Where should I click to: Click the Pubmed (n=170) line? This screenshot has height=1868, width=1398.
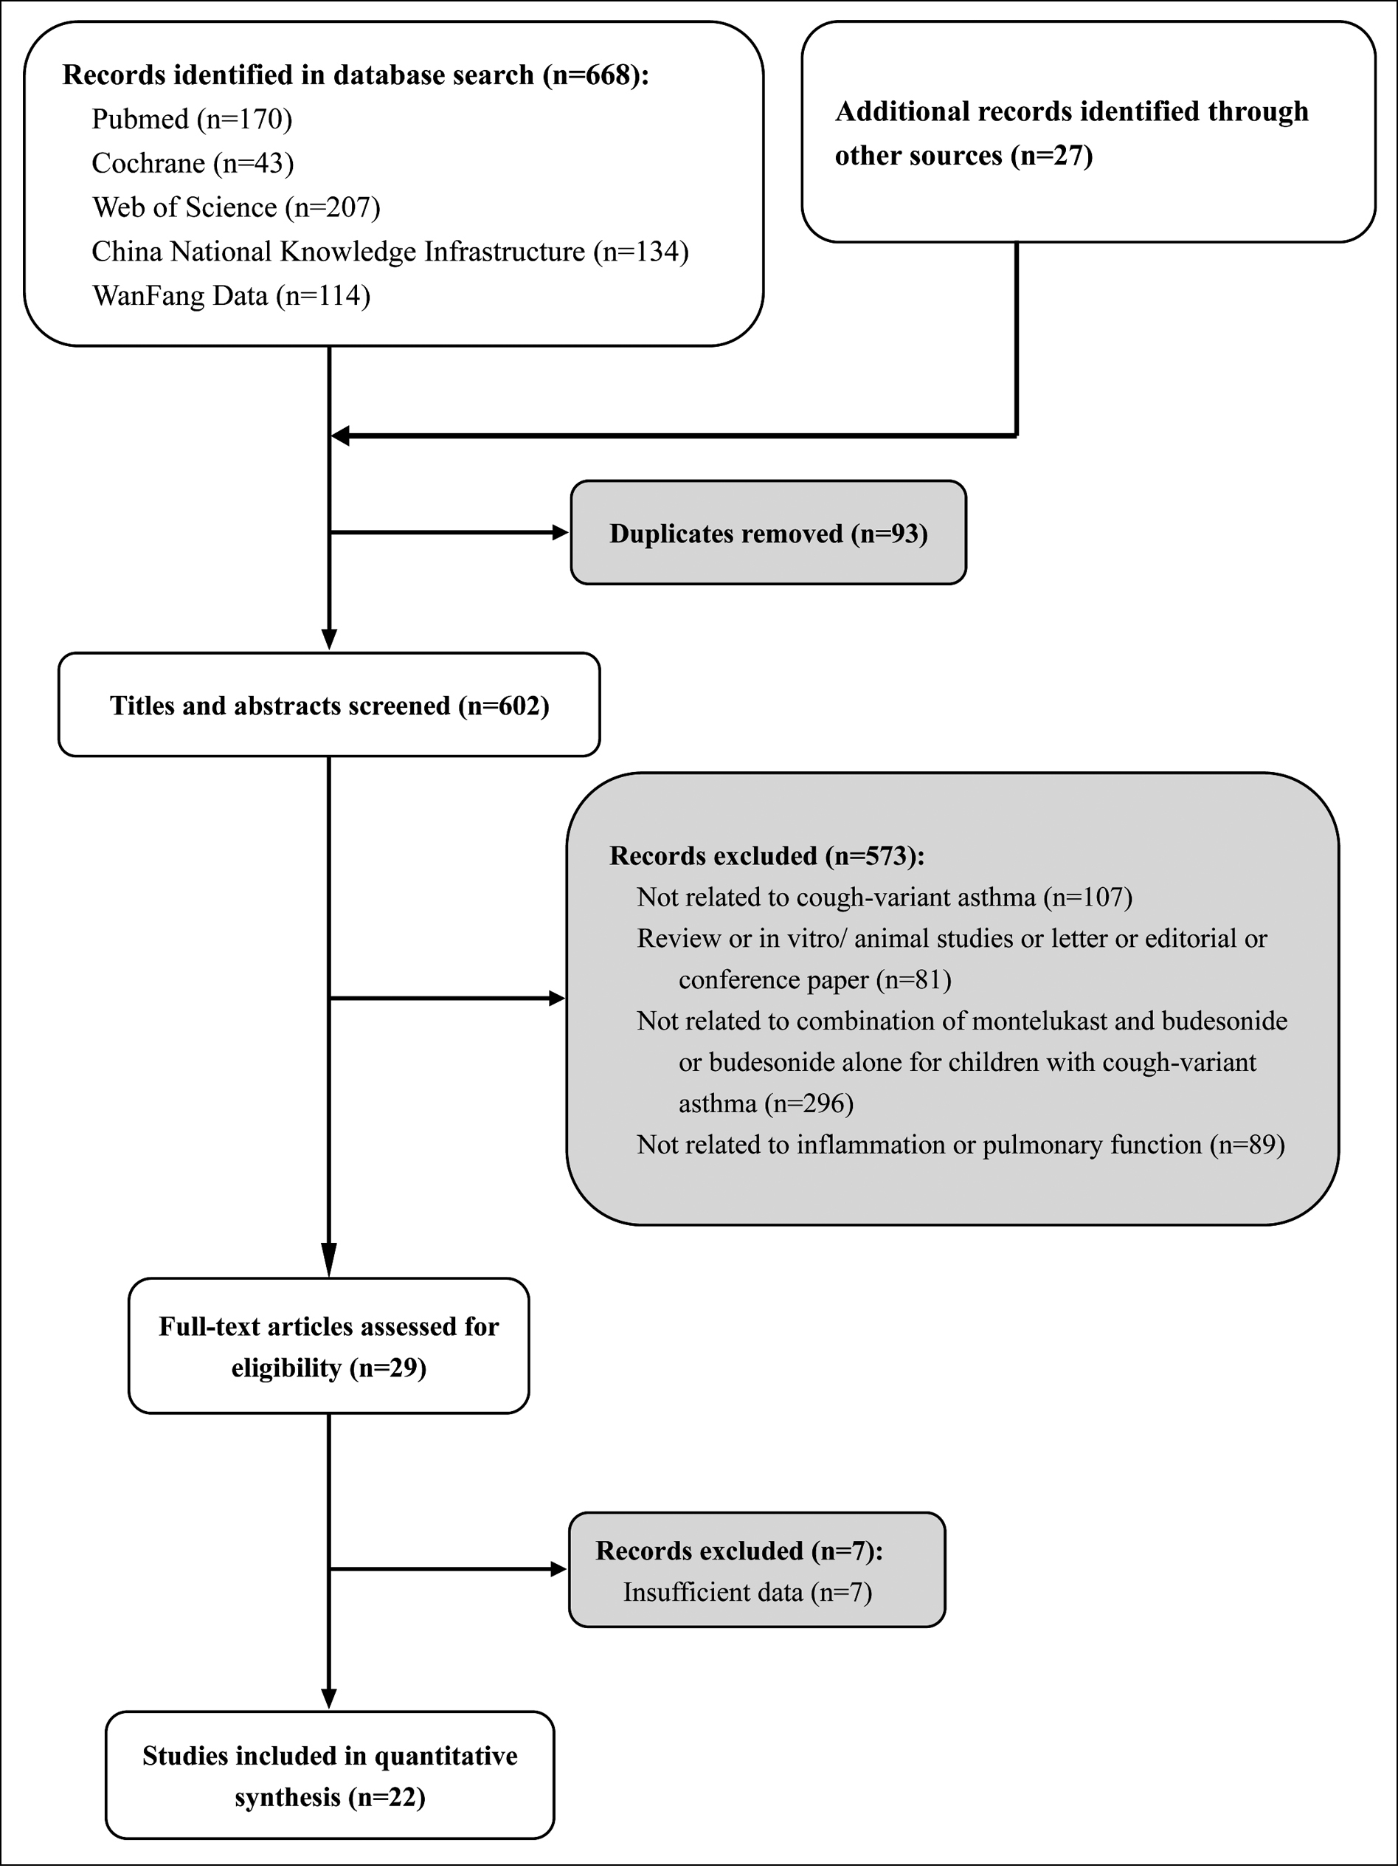click(192, 119)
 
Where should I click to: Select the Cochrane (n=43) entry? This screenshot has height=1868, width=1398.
click(193, 163)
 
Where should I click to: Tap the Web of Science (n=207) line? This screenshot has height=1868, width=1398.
click(236, 207)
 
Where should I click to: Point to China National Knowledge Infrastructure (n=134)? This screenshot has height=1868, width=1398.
click(390, 252)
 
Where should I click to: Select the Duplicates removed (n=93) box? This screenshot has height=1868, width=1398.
click(768, 533)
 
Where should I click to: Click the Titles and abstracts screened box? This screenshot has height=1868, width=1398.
click(329, 704)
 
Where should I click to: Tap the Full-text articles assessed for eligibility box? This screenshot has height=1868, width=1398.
click(329, 1346)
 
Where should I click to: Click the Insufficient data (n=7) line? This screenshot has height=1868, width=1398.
click(747, 1592)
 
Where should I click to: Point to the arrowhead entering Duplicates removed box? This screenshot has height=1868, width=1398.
click(561, 533)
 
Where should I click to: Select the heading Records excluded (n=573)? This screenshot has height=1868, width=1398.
click(767, 856)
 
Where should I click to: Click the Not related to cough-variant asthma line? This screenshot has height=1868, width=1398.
click(885, 897)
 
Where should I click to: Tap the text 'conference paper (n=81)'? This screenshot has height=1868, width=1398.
click(814, 979)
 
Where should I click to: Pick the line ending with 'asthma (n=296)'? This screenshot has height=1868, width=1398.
click(766, 1103)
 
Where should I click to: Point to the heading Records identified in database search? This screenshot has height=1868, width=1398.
click(356, 75)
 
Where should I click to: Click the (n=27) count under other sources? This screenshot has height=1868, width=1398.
click(1052, 156)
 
